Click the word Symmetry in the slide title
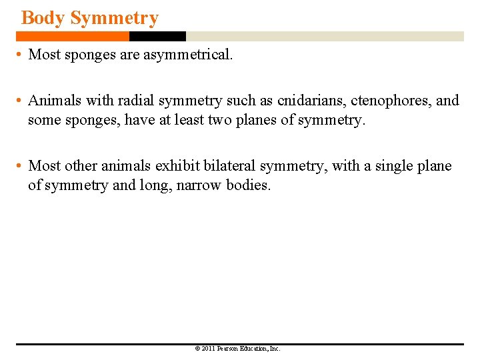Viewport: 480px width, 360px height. click(114, 18)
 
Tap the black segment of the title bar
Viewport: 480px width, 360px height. click(157, 36)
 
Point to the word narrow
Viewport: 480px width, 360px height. click(199, 185)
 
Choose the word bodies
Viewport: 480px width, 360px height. click(248, 185)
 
